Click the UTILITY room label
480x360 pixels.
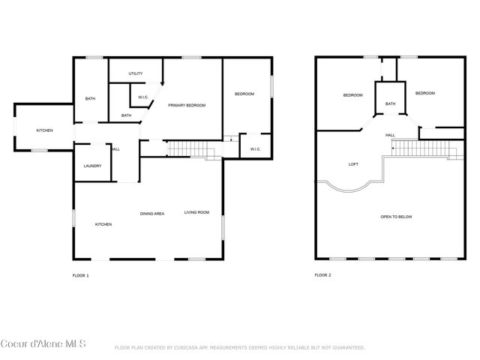[136, 73]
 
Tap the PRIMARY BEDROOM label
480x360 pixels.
[187, 105]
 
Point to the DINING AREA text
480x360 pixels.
[152, 214]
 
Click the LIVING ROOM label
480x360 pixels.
[197, 213]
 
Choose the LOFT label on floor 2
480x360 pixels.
[353, 163]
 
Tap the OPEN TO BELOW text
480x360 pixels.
[396, 217]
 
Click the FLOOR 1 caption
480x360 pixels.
[80, 275]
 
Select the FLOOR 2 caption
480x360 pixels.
[322, 275]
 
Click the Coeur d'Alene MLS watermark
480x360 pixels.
[43, 344]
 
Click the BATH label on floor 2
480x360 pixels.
[391, 104]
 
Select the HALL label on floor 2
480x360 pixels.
[391, 135]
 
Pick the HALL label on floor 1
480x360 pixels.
[115, 149]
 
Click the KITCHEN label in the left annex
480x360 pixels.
[45, 131]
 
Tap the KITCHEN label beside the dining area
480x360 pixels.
[103, 224]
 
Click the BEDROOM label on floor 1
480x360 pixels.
[244, 94]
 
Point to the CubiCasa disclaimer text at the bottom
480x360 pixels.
[239, 348]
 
